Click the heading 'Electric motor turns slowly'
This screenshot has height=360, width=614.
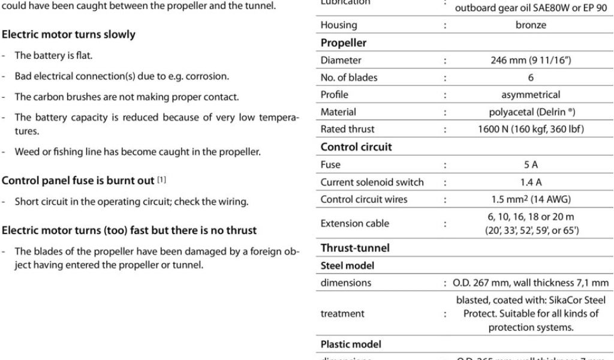pos(69,35)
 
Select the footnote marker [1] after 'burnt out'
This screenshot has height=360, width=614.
pos(161,181)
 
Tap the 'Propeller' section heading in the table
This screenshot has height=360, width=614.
pos(344,43)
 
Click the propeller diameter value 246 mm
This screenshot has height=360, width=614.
pos(531,60)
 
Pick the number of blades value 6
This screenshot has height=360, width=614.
pos(531,77)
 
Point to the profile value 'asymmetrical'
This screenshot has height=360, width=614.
pos(531,95)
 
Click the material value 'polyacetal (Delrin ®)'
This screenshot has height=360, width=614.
pos(531,112)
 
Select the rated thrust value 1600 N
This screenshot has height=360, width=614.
pos(531,129)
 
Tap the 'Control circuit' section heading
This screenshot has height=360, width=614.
pos(356,147)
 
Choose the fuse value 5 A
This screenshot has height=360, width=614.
pos(531,164)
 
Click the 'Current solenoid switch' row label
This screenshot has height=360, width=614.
pos(372,182)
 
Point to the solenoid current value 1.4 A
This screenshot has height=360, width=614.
pos(531,182)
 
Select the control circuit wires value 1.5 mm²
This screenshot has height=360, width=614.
pos(531,200)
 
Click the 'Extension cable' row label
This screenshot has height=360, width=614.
pos(355,224)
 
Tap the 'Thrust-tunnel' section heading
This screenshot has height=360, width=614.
pos(355,248)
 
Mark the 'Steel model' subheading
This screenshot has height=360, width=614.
pos(347,265)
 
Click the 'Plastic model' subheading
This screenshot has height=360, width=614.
pos(351,344)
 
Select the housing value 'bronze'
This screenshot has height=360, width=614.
pos(531,25)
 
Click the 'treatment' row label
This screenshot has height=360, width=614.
pos(342,313)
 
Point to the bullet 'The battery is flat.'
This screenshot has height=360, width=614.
pos(53,55)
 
